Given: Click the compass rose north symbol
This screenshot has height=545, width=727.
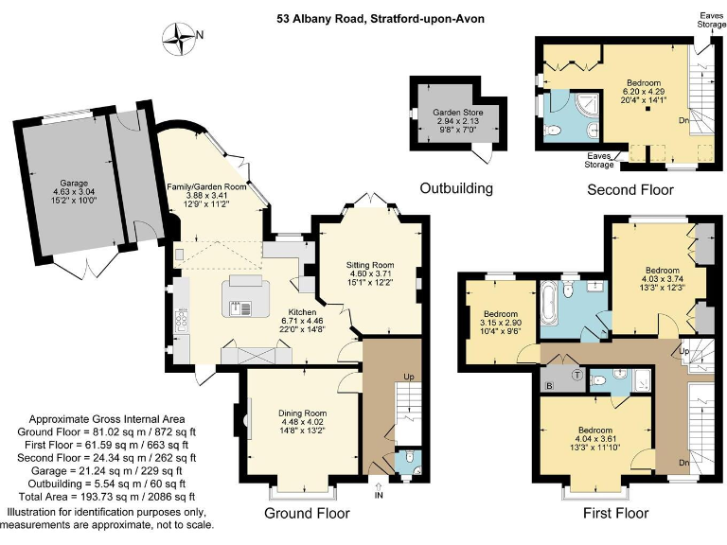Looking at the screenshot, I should point(177,37).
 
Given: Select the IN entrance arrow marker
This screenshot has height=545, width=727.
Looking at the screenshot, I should point(380,493).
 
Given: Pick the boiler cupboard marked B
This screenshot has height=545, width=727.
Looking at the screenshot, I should point(549,386).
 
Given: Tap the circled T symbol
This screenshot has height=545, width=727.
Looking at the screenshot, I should point(576,376).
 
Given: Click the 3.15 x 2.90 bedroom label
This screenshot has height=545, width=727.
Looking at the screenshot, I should point(501,323).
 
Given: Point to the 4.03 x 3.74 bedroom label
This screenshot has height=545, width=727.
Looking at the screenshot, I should point(662,266).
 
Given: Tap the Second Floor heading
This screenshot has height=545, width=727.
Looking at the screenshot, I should point(630,190).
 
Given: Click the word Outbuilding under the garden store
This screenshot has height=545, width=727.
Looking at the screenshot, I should point(456,188).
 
